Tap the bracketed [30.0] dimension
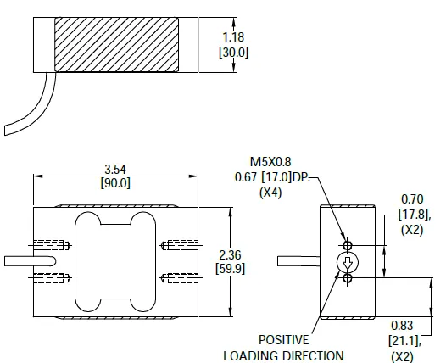(234, 52)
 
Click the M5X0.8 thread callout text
(270, 161)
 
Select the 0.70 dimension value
(412, 198)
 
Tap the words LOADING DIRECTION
(283, 356)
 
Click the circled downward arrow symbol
(346, 262)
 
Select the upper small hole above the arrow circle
(346, 247)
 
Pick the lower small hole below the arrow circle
(346, 277)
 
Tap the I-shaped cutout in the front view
(116, 262)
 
